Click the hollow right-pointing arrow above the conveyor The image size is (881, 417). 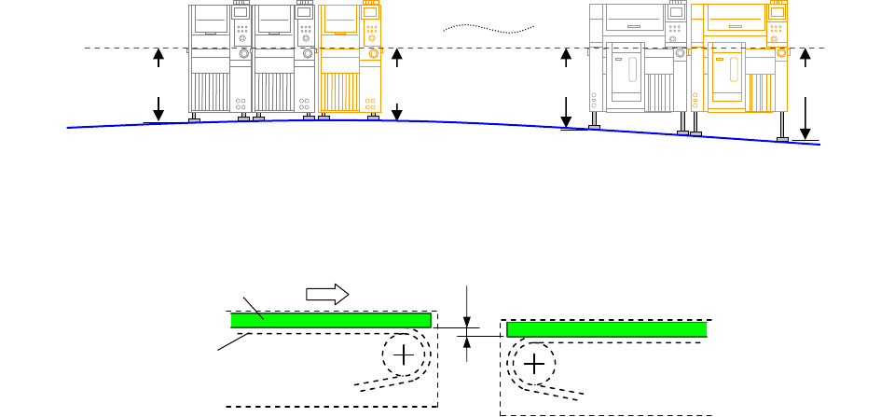coord(327,293)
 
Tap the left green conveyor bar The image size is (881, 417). coord(331,320)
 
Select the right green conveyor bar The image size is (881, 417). coord(606,329)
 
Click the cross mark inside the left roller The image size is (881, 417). coord(404,354)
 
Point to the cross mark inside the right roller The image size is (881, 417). coord(534,364)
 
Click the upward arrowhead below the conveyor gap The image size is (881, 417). coord(467,341)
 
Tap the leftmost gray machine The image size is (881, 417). coord(220,61)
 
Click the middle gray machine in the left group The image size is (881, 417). coord(285,61)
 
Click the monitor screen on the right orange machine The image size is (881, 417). coord(776,13)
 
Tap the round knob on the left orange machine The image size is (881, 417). coord(374,55)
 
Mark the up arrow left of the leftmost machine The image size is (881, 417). coord(158,58)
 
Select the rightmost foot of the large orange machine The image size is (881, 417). coord(783,139)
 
